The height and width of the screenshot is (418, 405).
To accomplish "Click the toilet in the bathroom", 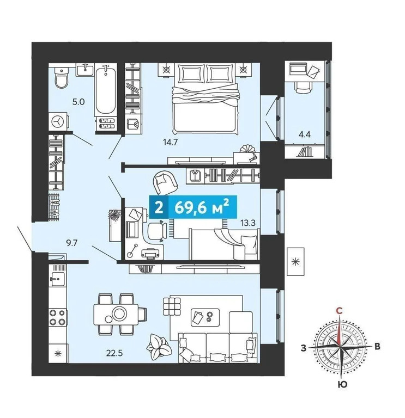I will point(62,78).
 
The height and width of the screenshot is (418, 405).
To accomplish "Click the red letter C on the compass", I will point(339,310).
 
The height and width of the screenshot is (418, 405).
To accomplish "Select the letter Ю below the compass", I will point(342,384).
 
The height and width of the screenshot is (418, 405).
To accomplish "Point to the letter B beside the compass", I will point(377,347).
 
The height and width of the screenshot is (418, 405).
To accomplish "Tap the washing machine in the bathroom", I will point(58,120).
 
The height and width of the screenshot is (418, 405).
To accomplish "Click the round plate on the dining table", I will point(119,314).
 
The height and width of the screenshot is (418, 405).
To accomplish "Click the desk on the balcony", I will point(302,76).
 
